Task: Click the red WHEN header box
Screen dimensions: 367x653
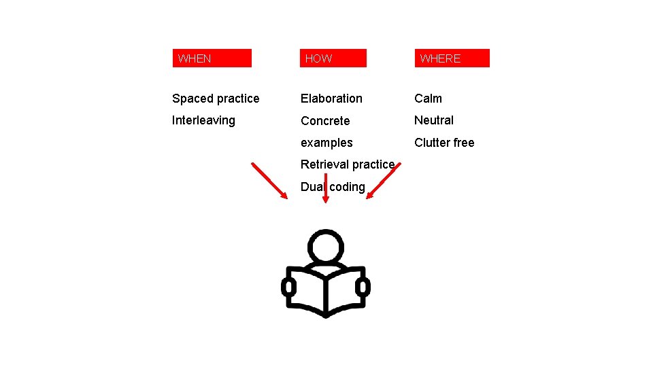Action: click(212, 58)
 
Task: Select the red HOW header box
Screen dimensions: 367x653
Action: click(333, 58)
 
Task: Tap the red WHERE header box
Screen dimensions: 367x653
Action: click(452, 58)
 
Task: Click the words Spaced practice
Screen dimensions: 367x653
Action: click(216, 99)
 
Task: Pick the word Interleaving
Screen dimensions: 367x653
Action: click(203, 120)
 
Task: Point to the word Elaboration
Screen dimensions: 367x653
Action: click(331, 99)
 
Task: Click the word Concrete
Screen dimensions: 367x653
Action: click(325, 121)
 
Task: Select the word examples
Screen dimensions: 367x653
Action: click(326, 143)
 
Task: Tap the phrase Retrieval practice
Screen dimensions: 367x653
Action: click(348, 164)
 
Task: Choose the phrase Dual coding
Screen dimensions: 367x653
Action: click(333, 187)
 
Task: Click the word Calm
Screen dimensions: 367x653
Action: click(429, 99)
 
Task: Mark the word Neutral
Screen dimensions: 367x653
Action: click(434, 120)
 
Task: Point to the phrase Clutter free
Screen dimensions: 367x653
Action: click(445, 143)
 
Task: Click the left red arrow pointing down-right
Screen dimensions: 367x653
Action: click(269, 180)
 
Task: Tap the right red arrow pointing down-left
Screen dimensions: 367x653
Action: click(381, 180)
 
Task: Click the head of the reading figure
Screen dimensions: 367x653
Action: click(326, 246)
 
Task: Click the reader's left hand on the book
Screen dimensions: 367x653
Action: click(289, 287)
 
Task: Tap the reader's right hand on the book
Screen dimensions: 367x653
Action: click(363, 287)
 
